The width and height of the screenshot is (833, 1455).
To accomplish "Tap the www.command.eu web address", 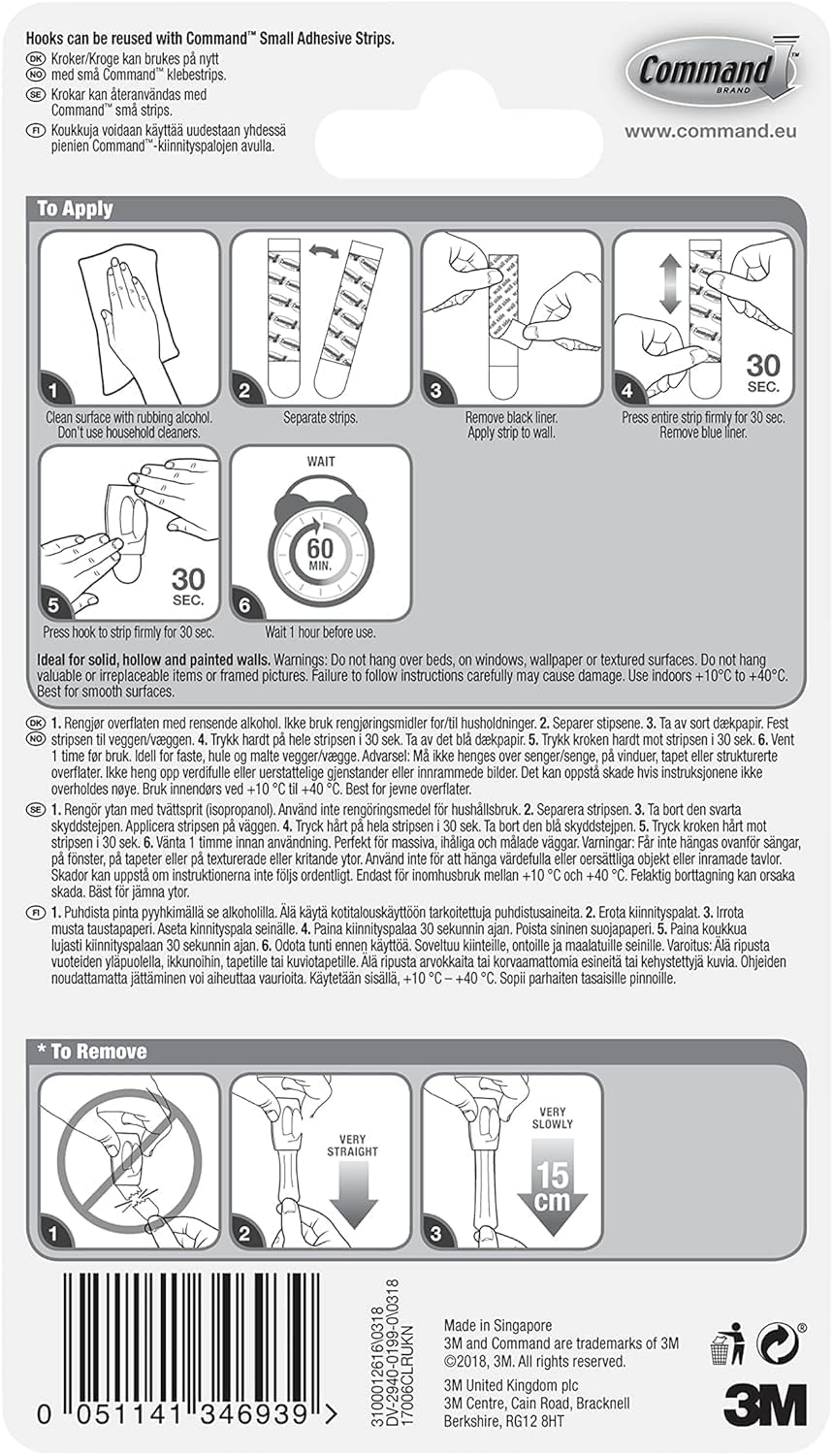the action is click(710, 131).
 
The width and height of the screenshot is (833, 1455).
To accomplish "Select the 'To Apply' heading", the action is click(75, 210).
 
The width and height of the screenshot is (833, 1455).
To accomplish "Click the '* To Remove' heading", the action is click(91, 1051).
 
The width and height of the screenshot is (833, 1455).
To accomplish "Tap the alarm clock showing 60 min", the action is click(321, 544).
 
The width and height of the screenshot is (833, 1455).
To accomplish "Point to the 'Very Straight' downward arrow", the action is click(353, 1195).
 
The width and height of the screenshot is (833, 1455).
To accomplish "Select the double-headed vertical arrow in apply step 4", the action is click(670, 284).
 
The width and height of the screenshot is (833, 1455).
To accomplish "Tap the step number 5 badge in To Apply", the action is click(53, 604).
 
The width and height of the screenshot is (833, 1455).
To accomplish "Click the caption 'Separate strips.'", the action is click(320, 418).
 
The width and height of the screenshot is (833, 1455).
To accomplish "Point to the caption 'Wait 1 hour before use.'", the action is click(320, 632).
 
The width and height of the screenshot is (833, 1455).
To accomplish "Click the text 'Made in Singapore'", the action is click(498, 1325).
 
